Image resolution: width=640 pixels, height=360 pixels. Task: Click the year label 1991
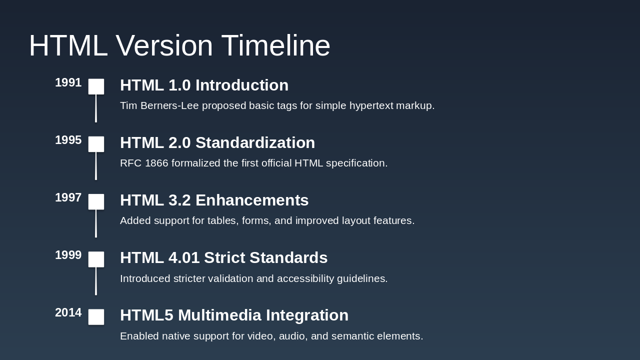(x=68, y=83)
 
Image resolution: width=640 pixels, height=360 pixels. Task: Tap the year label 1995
(x=68, y=140)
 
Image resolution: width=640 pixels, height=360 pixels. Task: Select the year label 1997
(x=68, y=198)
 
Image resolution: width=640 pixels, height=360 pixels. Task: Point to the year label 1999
(x=68, y=255)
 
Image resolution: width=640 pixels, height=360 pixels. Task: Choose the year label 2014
(x=68, y=313)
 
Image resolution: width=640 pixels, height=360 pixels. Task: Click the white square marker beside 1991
(x=96, y=86)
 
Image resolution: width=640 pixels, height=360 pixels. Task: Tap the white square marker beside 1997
(x=96, y=201)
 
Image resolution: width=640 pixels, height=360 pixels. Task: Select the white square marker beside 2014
(x=96, y=317)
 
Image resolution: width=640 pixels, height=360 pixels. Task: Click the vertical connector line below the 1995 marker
(x=96, y=166)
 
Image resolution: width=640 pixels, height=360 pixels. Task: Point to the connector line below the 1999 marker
(x=96, y=281)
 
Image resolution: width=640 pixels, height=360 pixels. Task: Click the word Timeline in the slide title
(x=275, y=45)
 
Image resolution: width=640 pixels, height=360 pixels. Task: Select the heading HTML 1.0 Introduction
(x=204, y=85)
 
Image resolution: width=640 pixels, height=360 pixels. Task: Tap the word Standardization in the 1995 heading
(x=255, y=143)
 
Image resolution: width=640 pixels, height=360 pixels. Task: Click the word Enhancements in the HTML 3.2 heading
(x=252, y=200)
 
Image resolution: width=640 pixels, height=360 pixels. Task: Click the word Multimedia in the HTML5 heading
(x=219, y=315)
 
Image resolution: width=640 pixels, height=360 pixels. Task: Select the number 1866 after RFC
(x=156, y=163)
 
